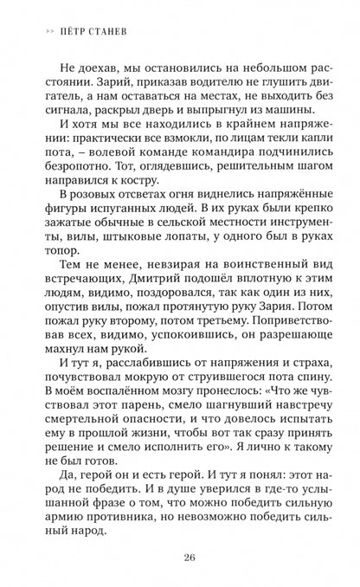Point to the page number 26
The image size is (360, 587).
(179, 558)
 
